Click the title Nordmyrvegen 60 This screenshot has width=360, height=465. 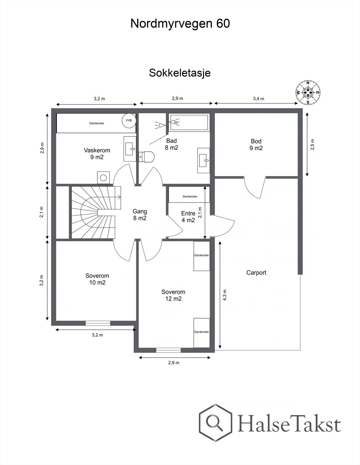pos(180,24)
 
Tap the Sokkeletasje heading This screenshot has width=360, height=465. pos(180,73)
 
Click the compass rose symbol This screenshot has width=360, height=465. pos(308,93)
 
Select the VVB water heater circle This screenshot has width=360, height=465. pos(128,120)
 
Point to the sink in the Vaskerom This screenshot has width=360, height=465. pos(130,149)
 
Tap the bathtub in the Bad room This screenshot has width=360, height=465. pos(189,122)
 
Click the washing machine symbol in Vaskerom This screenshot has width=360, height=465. pos(103,177)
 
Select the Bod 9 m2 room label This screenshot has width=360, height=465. pos(256,144)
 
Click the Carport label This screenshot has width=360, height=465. pos(256,273)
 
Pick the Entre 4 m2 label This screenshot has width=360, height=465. pos(188,217)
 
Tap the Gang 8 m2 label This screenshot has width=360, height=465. pos(140,214)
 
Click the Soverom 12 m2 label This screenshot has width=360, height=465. pos(173,295)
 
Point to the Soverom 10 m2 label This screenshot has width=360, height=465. pos(97,279)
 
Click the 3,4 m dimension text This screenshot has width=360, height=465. pos(258,99)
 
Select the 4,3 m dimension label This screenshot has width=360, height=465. pos(225,295)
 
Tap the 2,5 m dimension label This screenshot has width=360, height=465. pos(312,145)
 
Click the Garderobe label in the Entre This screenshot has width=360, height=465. pos(190,196)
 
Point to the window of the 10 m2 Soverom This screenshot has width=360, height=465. pos(98,323)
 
